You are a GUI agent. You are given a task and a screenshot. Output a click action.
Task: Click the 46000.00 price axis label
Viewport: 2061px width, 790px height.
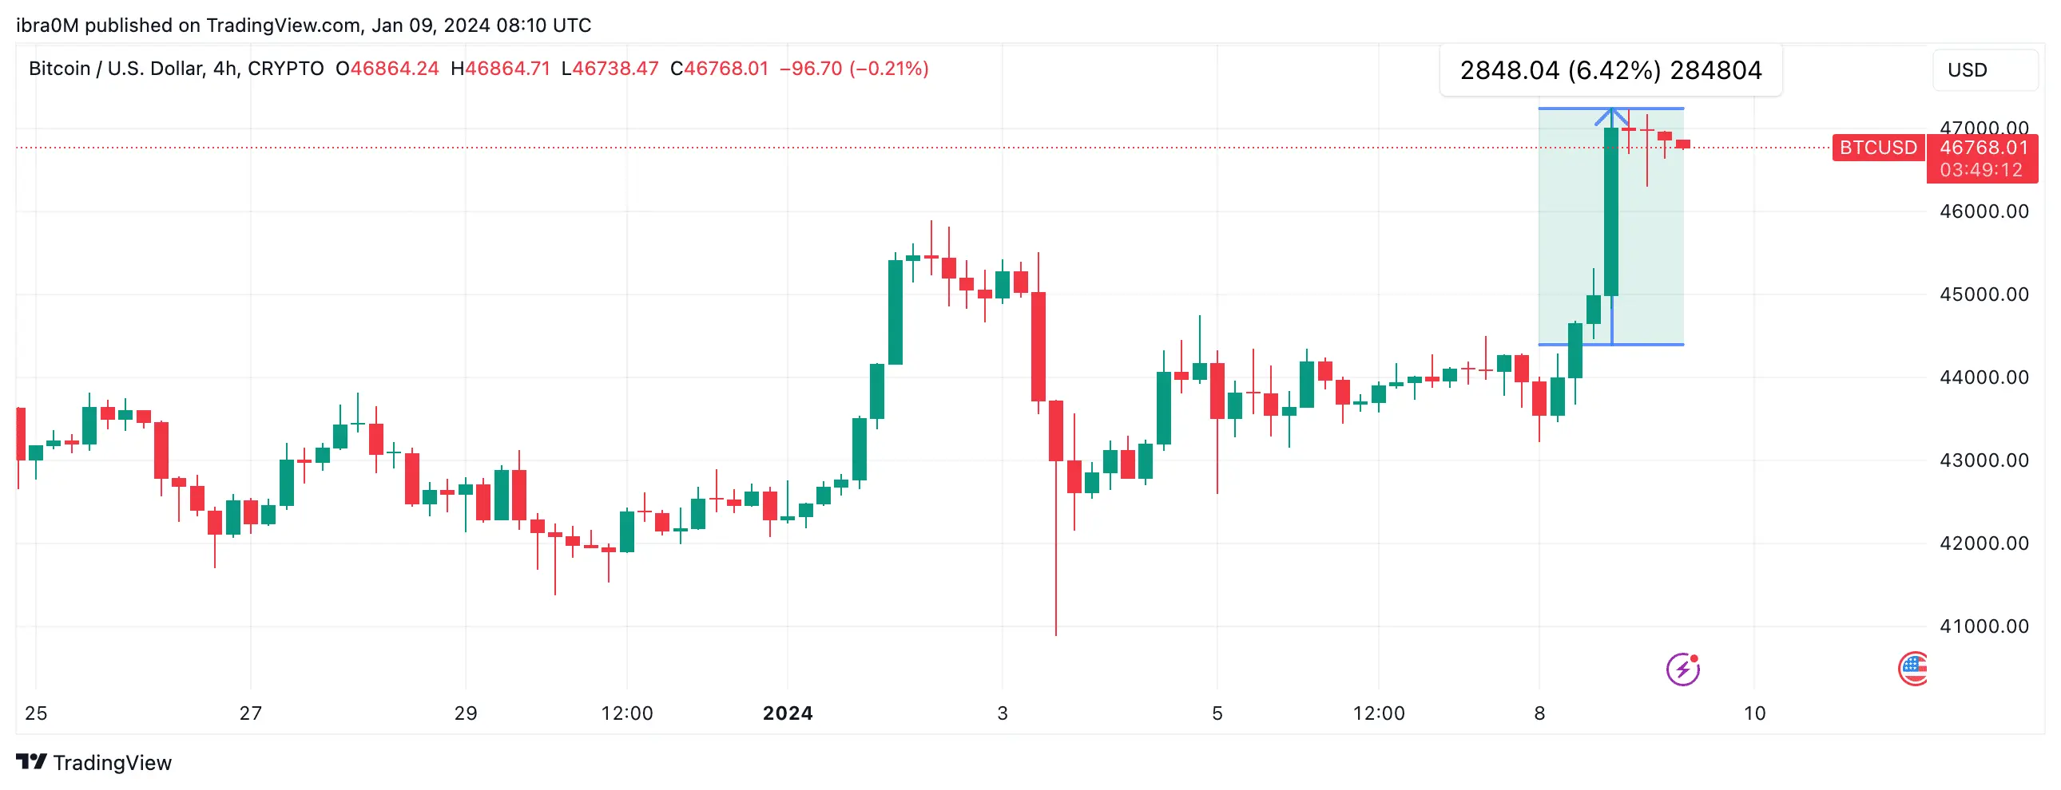pos(1984,212)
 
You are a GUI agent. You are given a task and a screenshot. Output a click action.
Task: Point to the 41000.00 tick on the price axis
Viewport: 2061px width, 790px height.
pos(1984,627)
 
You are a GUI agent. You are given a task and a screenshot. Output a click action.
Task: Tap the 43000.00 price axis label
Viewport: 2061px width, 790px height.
pos(1984,460)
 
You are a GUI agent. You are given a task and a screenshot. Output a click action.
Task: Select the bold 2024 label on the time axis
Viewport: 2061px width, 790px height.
pos(788,713)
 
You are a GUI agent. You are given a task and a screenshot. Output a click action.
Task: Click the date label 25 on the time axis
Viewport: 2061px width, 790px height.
pos(36,713)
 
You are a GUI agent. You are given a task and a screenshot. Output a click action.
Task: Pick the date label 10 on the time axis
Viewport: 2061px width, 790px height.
pos(1753,713)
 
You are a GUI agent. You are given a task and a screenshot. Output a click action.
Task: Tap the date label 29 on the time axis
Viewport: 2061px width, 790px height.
pos(466,713)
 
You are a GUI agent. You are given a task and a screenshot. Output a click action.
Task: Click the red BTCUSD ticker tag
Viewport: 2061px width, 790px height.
pos(1877,148)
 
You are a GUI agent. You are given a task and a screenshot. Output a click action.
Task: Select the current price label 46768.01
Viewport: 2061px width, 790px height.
pos(1984,148)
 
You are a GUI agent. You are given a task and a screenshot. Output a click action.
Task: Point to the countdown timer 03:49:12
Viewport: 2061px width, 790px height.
pos(1980,170)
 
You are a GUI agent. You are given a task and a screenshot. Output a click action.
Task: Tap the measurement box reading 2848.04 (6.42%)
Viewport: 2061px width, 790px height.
pos(1610,70)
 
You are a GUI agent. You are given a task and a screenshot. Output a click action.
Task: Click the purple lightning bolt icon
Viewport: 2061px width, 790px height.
pos(1682,670)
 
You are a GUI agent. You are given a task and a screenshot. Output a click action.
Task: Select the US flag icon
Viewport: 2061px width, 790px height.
pos(1913,669)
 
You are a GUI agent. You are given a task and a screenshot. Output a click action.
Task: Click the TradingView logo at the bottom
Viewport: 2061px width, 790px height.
pos(93,763)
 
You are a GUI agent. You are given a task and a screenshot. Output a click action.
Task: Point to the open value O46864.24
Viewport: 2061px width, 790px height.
pos(387,69)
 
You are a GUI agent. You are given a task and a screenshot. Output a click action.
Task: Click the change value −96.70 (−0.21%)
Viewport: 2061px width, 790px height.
pos(854,69)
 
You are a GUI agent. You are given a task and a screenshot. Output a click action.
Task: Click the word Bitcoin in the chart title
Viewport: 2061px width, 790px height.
pos(59,69)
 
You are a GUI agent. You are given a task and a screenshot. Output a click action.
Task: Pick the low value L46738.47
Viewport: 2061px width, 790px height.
pos(610,69)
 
